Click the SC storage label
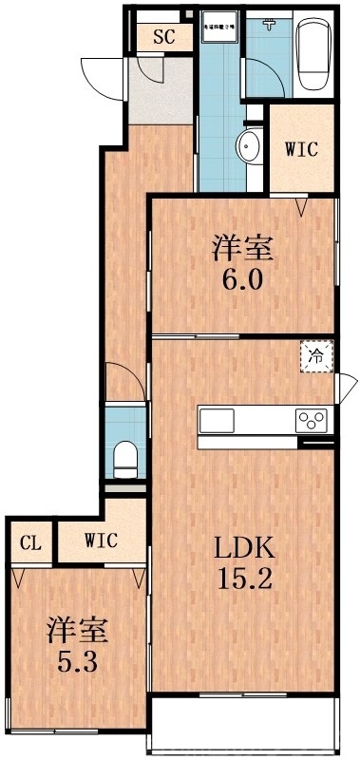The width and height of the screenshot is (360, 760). coord(163,38)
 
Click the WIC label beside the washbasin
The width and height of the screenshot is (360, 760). coord(301,149)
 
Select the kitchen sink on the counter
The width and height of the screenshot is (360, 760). coord(216,420)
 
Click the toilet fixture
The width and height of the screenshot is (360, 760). coord(124,459)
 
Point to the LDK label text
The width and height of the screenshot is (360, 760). coord(243,548)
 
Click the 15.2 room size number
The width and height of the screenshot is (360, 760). coord(243,579)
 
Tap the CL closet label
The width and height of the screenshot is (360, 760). coord(31,542)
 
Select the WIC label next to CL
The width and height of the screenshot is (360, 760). coord(101,541)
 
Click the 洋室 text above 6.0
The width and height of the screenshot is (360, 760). coord(243,249)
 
